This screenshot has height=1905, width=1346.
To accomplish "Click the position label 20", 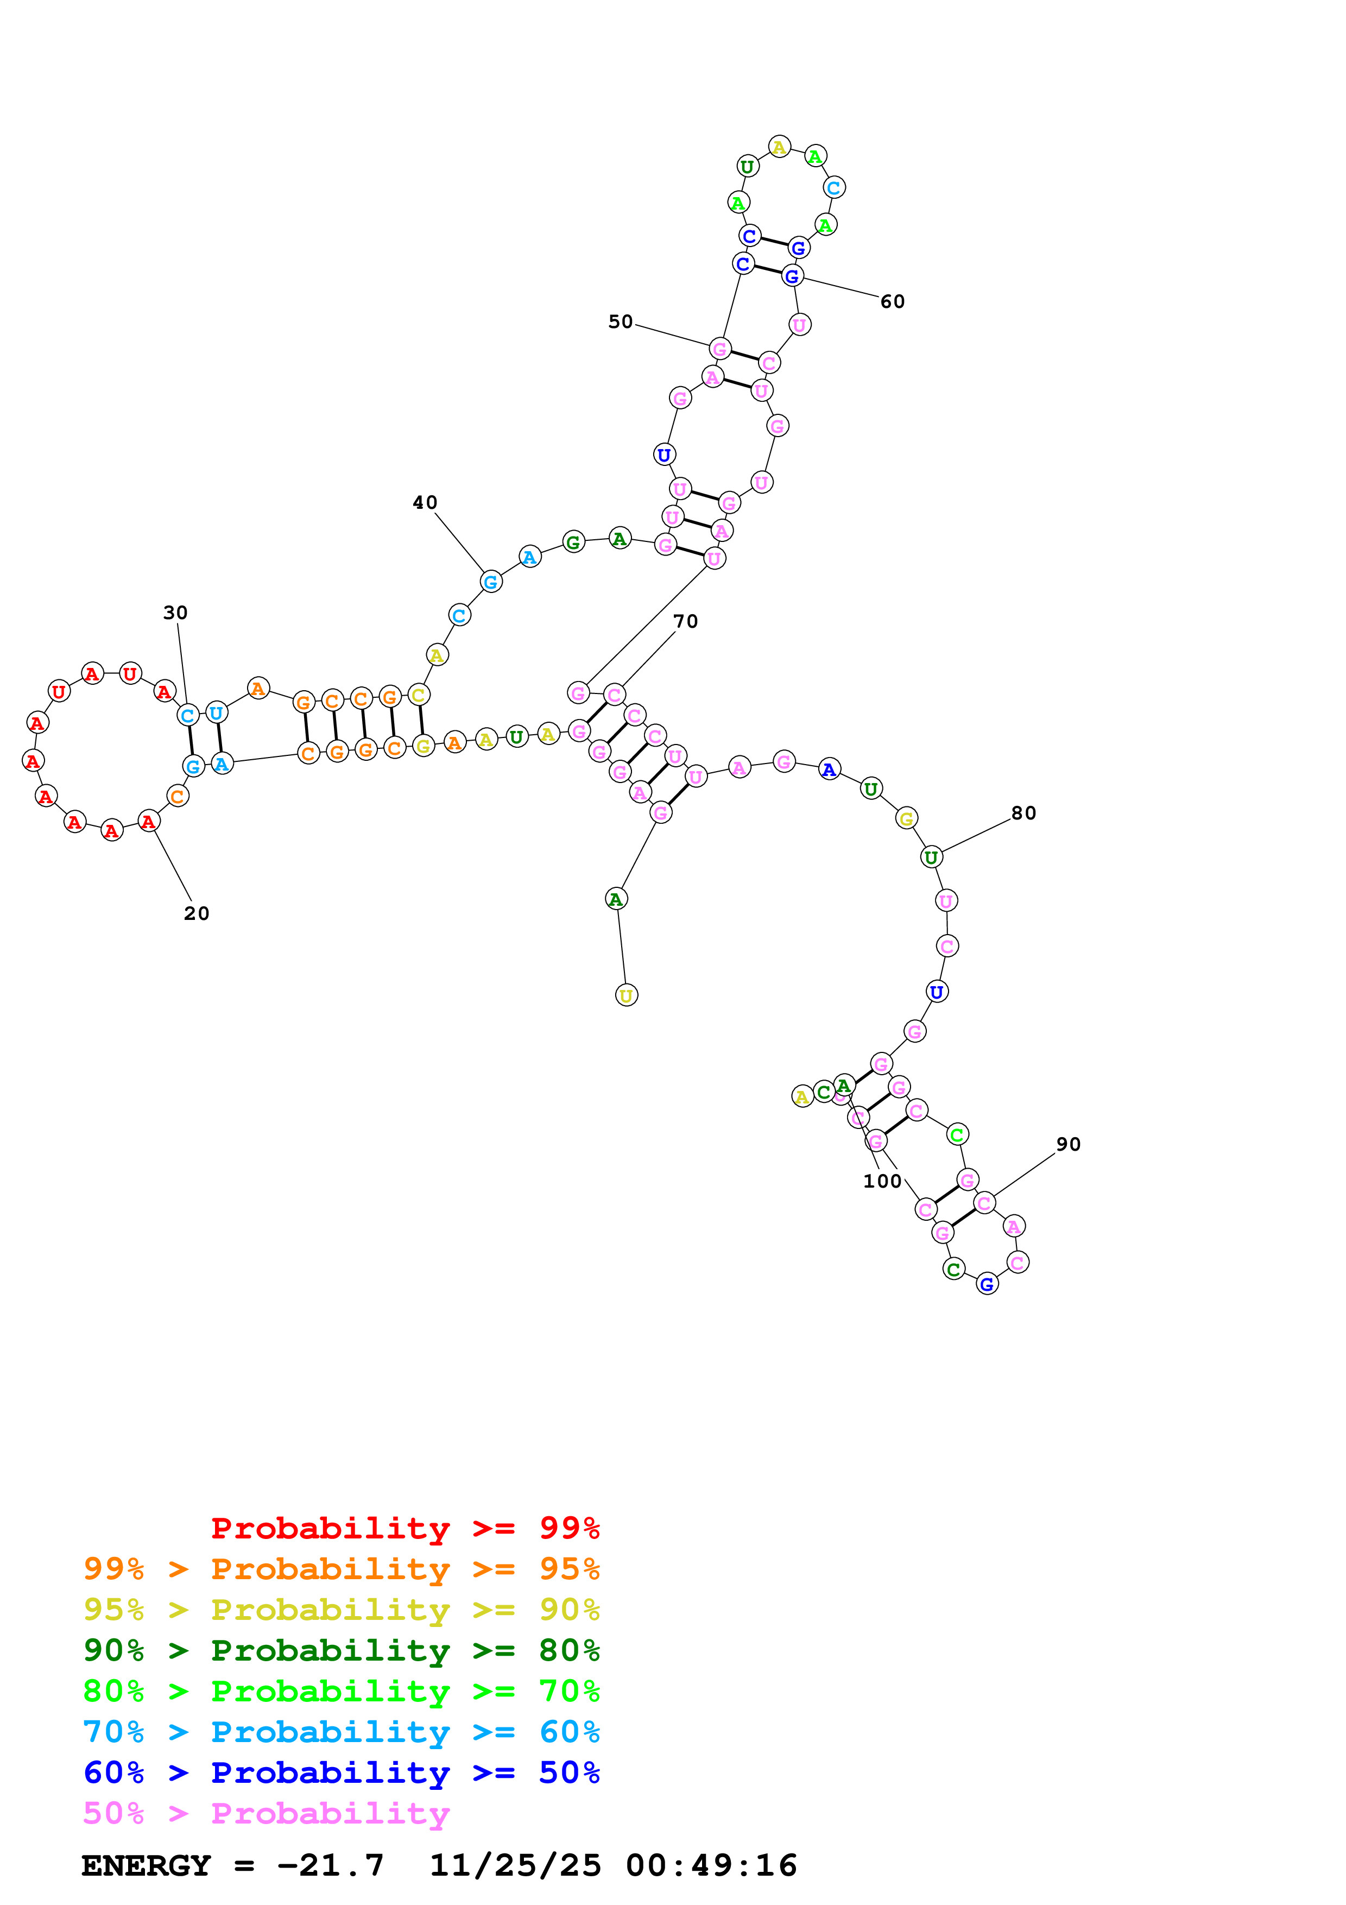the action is pos(197,913).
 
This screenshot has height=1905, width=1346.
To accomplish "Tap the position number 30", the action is pos(175,613).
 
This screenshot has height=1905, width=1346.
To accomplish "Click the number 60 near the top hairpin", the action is pos(893,301).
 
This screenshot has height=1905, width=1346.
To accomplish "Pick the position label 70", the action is pos(685,621).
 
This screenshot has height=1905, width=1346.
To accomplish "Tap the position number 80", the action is pos(1023,812).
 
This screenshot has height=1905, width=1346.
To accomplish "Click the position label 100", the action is pos(882,1181).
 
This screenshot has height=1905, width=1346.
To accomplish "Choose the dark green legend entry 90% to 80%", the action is pos(341,1650).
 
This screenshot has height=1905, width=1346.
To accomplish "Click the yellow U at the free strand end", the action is pos(626,995).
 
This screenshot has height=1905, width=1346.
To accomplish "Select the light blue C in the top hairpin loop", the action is pos(833,187).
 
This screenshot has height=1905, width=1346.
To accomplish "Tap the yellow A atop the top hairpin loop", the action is pos(779,147).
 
